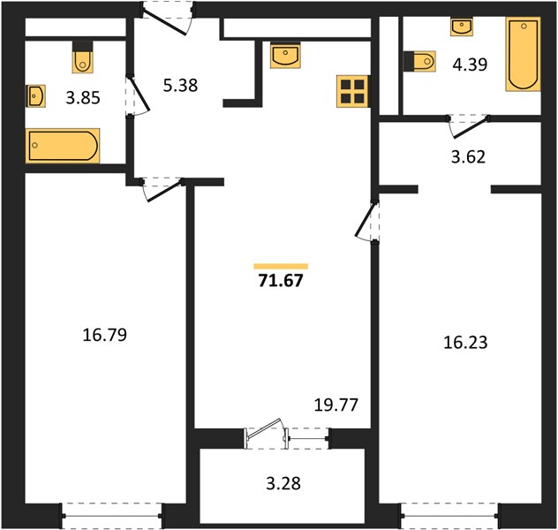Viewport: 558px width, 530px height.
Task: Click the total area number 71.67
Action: click(281, 281)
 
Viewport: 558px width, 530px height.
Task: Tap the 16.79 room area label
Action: click(104, 335)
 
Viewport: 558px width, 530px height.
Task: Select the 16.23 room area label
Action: click(465, 343)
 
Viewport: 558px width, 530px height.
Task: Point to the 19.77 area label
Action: click(336, 405)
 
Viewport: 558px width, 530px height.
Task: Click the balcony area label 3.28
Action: click(283, 483)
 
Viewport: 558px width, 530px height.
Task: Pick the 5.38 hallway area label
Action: click(180, 86)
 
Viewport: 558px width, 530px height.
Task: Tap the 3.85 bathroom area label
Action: click(83, 98)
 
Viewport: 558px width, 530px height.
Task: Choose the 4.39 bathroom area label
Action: click(470, 64)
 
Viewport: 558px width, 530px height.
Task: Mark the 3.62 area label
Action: click(468, 156)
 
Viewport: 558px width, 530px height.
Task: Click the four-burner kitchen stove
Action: click(352, 91)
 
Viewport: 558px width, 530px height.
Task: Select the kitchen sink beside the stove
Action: click(285, 55)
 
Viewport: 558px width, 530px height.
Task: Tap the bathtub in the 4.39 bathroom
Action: click(523, 54)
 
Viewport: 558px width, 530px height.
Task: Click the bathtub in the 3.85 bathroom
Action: click(63, 146)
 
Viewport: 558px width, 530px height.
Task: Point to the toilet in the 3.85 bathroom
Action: click(83, 58)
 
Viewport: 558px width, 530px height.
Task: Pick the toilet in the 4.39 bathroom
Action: click(420, 61)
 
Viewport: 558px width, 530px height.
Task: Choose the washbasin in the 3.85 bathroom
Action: click(35, 96)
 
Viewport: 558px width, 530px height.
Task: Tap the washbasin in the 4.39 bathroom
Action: click(462, 27)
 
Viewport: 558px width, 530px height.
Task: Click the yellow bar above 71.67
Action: click(281, 266)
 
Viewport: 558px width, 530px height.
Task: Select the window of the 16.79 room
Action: click(112, 515)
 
